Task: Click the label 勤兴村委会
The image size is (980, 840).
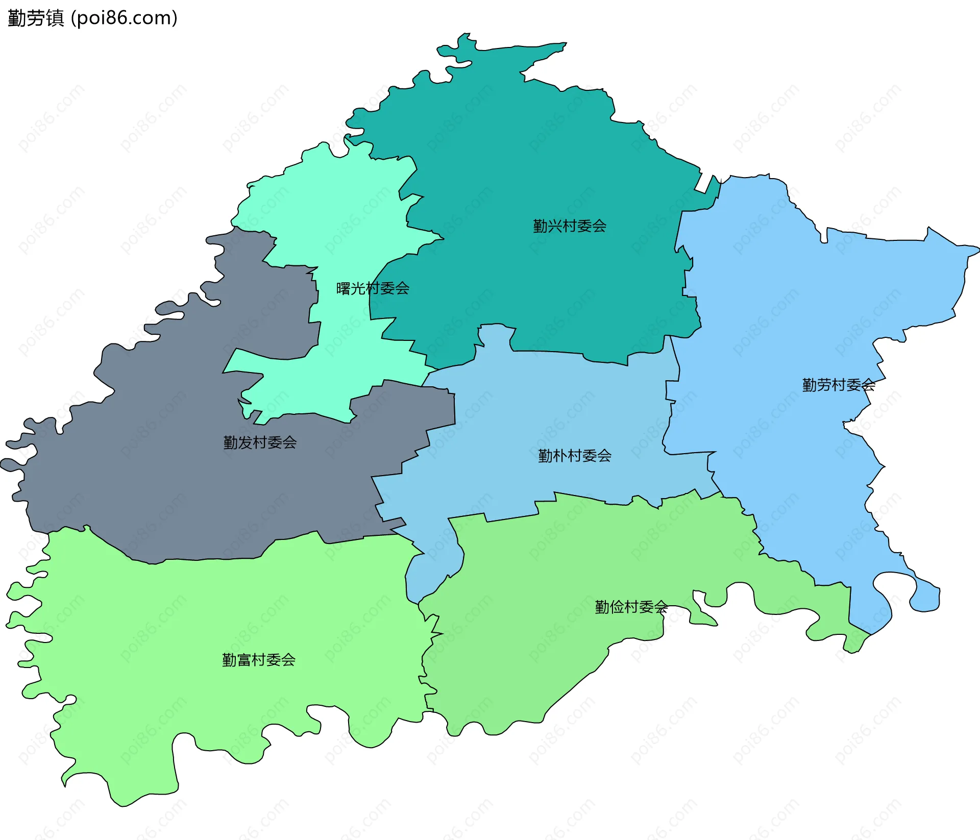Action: click(570, 226)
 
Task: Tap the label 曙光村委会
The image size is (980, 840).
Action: click(373, 288)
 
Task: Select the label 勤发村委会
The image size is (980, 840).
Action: click(260, 442)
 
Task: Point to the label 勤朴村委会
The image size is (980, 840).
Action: click(575, 456)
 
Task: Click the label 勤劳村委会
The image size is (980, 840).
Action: click(839, 385)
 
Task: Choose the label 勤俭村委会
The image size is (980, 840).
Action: click(631, 607)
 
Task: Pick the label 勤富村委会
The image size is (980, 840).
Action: click(259, 660)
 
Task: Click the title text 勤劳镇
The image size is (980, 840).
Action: click(36, 18)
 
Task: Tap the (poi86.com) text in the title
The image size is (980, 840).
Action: click(124, 18)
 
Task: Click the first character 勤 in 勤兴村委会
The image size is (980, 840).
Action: click(541, 226)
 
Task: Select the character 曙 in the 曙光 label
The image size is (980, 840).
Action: click(344, 288)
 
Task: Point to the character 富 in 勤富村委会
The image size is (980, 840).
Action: click(244, 660)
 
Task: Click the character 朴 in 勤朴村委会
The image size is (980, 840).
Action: click(560, 456)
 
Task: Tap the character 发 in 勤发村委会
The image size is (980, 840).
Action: click(245, 442)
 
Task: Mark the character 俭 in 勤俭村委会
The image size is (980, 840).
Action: click(617, 607)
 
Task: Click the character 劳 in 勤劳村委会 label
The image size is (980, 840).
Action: click(824, 385)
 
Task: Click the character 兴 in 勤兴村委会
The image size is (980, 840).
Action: click(555, 226)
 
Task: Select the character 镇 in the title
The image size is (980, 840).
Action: click(55, 18)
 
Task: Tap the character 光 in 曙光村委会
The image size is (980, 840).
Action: click(358, 288)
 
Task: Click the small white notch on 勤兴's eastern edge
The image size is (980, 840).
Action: click(706, 183)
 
